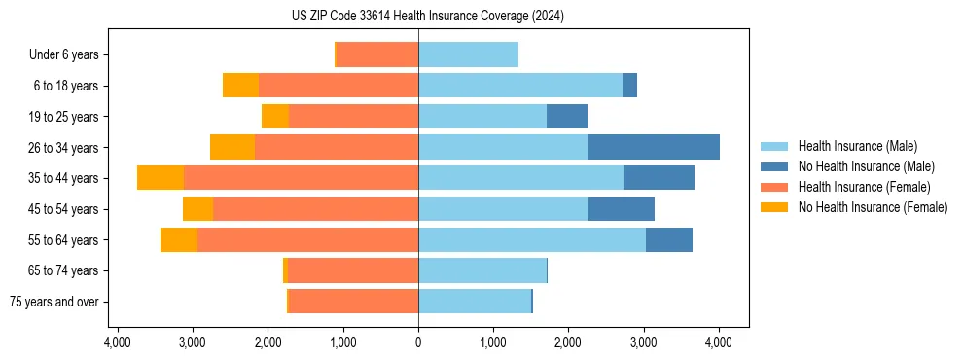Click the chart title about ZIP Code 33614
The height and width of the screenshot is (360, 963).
point(427,16)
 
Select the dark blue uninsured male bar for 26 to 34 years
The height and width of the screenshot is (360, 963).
point(654,147)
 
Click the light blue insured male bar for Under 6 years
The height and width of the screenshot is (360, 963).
point(468,54)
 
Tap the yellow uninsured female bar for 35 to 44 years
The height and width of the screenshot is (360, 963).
point(160,178)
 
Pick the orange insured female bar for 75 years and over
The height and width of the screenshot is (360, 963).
point(353,302)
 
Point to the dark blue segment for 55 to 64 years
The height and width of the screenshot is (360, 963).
point(669,239)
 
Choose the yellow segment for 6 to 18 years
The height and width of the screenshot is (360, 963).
point(240,86)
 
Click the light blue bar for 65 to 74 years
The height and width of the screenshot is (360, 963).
point(482,270)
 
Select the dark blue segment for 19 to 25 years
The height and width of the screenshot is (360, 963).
point(567,117)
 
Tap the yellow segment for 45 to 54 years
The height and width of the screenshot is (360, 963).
point(197,209)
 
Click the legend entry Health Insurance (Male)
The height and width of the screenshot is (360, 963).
point(857,146)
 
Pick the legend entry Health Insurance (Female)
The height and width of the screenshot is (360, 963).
point(864,187)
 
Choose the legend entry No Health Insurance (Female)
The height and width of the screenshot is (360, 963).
point(873,207)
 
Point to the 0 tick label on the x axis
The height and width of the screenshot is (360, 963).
point(418,342)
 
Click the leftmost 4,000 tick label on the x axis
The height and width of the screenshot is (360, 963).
point(117,342)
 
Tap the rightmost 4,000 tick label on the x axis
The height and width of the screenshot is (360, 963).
point(719,342)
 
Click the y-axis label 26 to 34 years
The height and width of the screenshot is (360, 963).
point(64,147)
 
